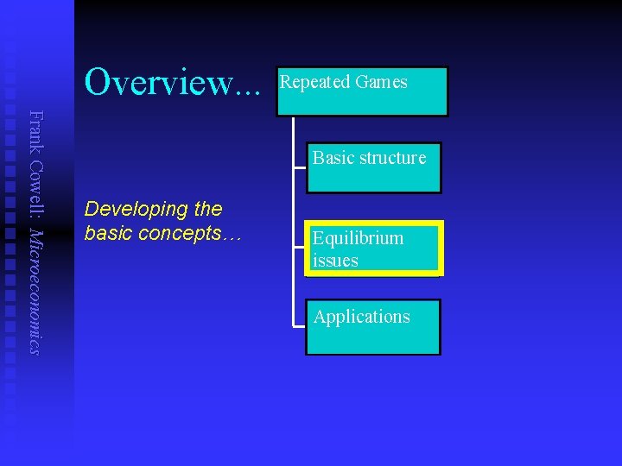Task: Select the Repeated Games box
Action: (x=362, y=91)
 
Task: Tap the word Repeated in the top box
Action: (x=313, y=82)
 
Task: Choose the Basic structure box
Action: (x=373, y=167)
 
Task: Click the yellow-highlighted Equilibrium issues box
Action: (x=373, y=249)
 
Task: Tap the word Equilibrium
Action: (x=358, y=238)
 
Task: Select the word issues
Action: (x=335, y=261)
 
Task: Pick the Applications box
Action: (x=373, y=327)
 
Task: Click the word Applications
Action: (x=361, y=317)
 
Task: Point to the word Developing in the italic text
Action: (x=125, y=209)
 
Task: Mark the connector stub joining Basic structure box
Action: (x=300, y=167)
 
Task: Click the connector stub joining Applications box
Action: (x=300, y=327)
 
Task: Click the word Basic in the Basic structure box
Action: (x=332, y=158)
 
